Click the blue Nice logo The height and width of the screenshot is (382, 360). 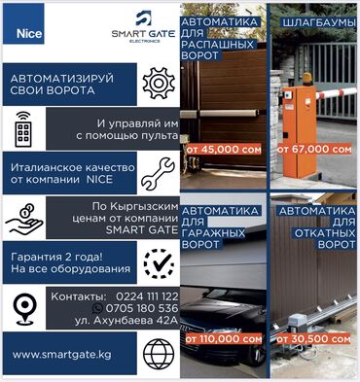[x=23, y=23]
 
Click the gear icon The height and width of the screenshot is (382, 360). [x=159, y=84]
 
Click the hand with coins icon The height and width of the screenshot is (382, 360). [x=24, y=219]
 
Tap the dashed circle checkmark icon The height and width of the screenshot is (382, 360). [x=159, y=264]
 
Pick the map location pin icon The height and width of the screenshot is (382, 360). [x=24, y=309]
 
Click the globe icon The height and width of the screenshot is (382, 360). [x=159, y=354]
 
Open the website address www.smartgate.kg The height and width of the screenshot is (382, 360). [x=61, y=354]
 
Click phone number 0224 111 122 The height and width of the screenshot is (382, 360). [x=147, y=296]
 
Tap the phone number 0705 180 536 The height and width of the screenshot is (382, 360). [x=142, y=308]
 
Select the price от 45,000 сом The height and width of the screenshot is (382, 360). [x=224, y=150]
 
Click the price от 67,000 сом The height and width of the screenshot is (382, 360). [x=314, y=150]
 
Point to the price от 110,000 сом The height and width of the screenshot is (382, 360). [x=224, y=339]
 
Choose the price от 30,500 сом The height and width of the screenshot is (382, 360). [x=313, y=339]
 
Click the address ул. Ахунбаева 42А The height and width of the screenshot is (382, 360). [x=126, y=320]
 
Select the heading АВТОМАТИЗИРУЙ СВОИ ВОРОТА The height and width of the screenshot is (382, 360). [x=62, y=85]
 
